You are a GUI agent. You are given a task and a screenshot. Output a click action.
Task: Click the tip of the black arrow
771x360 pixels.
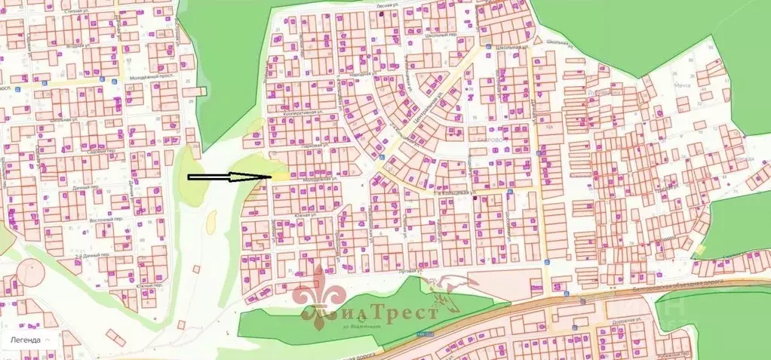[270, 177]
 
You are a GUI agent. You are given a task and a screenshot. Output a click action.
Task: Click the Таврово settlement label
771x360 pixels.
[494, 139]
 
